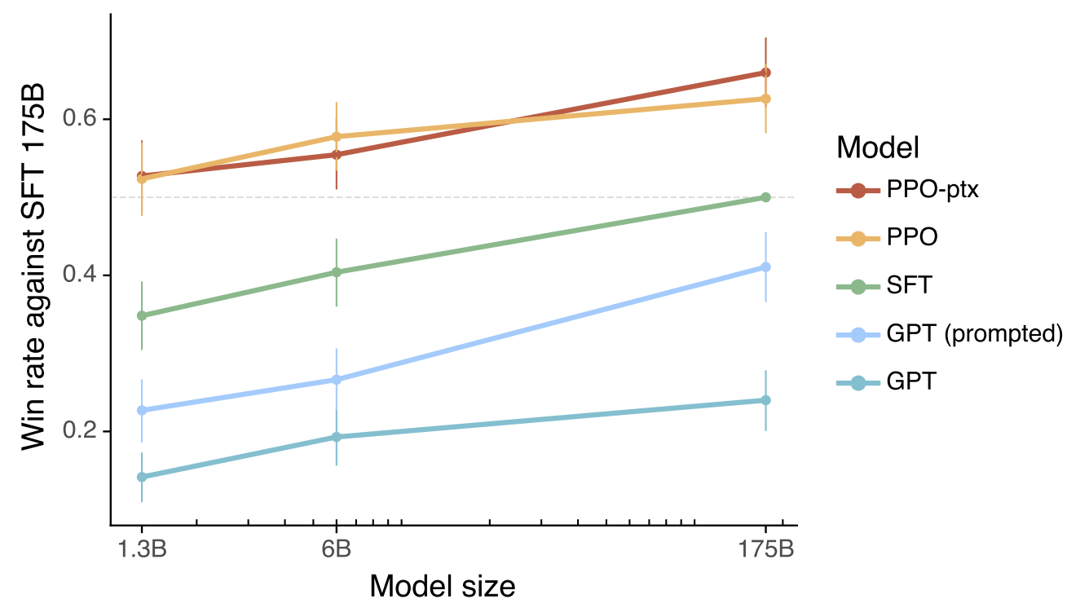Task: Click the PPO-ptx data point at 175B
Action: pos(765,73)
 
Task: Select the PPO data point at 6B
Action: pos(336,136)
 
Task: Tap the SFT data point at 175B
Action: pos(765,197)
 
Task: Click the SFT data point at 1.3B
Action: pos(142,315)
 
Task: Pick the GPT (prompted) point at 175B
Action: pos(765,267)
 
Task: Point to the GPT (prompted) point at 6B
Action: pos(336,380)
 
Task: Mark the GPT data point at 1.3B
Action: pos(142,477)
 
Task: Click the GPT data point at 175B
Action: pos(765,400)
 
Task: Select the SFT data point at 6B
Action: pos(336,272)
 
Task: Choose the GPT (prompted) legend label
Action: pos(975,334)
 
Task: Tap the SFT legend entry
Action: pos(910,286)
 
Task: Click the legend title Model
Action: pos(878,148)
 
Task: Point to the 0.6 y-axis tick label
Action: pos(80,119)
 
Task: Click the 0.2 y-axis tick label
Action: pos(80,431)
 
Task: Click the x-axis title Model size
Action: pos(443,586)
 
